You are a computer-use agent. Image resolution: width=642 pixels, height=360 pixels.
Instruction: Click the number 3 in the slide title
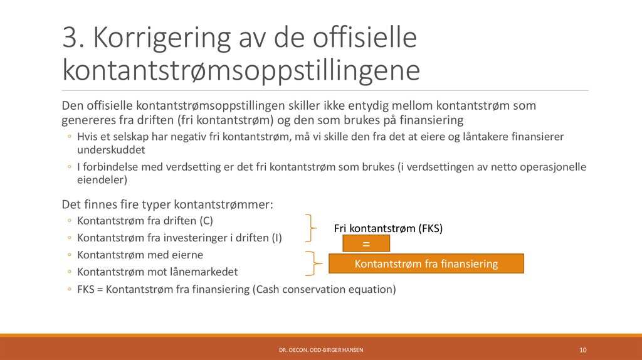tap(70, 38)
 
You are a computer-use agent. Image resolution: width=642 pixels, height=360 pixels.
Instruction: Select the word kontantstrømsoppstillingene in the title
tap(241, 70)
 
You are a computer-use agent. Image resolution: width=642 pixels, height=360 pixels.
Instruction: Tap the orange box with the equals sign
tap(366, 243)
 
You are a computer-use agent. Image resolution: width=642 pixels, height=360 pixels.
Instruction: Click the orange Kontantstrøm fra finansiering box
tap(426, 264)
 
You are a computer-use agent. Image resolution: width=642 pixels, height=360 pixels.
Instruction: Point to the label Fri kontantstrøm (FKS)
tap(388, 228)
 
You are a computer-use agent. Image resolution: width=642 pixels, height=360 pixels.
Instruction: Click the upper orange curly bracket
tap(310, 227)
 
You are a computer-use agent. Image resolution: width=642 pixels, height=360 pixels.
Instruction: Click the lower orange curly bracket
tap(310, 263)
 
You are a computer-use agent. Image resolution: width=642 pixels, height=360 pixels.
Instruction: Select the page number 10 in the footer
tap(582, 349)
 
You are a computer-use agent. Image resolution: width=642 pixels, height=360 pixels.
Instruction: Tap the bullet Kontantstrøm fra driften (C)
tap(136, 221)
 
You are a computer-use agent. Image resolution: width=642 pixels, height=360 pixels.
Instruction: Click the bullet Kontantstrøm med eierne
tap(140, 255)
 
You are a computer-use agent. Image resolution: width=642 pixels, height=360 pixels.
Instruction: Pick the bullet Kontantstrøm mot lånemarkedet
tap(157, 272)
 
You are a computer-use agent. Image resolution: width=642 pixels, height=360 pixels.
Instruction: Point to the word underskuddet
tap(110, 151)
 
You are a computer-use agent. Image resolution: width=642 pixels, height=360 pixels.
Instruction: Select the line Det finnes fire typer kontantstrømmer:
tap(167, 204)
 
